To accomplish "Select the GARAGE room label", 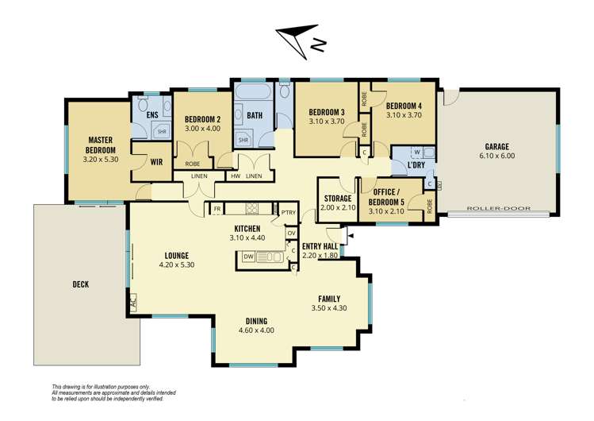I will click(x=497, y=146).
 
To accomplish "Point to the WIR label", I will click(x=156, y=161).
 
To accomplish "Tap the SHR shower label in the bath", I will click(x=243, y=139).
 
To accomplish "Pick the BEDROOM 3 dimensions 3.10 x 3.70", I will click(x=327, y=122).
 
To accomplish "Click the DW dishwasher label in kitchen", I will click(x=249, y=257).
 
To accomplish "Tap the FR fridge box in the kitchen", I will click(x=217, y=209).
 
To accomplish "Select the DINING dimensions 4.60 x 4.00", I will click(x=255, y=330).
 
